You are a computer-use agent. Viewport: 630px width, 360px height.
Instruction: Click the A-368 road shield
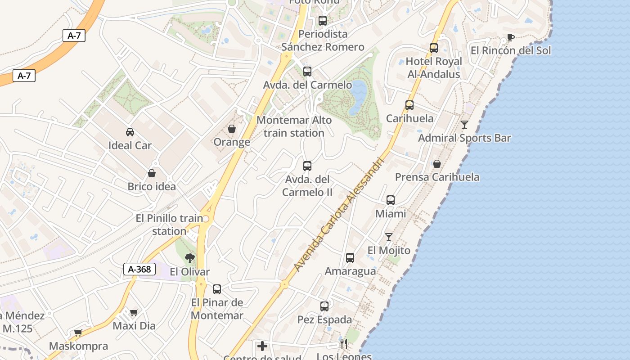[x=139, y=270]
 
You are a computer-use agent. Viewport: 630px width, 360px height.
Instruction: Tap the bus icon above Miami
[x=391, y=200]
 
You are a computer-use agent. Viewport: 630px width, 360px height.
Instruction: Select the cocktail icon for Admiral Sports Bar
[x=464, y=125]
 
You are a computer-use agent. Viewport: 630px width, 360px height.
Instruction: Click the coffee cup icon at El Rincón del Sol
[x=510, y=37]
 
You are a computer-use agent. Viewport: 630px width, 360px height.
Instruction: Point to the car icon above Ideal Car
[x=130, y=132]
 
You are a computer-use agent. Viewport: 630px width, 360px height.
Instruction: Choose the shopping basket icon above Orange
[x=232, y=129]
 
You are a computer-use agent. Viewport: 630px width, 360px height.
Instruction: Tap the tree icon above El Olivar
[x=190, y=258]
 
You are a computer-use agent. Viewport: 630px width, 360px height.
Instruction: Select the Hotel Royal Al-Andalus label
[x=434, y=67]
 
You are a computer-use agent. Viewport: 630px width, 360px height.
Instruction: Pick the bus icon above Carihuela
[x=409, y=105]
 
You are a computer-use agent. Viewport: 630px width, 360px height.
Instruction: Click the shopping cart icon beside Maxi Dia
[x=134, y=312]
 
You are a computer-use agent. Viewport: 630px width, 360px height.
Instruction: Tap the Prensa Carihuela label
[x=437, y=177]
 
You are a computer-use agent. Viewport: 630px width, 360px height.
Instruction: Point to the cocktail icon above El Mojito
[x=389, y=237]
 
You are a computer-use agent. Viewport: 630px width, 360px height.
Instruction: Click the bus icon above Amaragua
[x=350, y=258]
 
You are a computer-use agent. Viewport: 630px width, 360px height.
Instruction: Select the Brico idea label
[x=152, y=186]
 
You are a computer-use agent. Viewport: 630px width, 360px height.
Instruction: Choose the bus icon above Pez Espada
[x=324, y=306]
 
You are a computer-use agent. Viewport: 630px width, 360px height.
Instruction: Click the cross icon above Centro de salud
[x=262, y=346]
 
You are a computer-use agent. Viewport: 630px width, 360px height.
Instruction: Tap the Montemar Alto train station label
[x=294, y=126]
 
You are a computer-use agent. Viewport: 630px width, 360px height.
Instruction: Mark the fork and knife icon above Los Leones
[x=344, y=344]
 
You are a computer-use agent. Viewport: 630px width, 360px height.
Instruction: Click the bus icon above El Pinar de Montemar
[x=217, y=289]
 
